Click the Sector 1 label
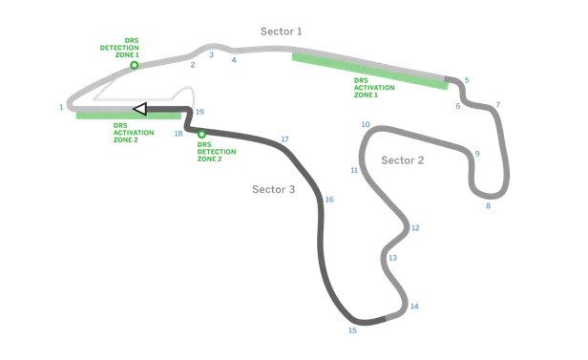pyautogui.click(x=282, y=32)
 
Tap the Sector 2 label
pyautogui.click(x=403, y=160)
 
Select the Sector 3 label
pyautogui.click(x=273, y=189)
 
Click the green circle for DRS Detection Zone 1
pyautogui.click(x=135, y=65)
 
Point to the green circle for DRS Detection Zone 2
pyautogui.click(x=201, y=134)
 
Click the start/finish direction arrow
pyautogui.click(x=140, y=109)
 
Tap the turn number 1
pyautogui.click(x=61, y=107)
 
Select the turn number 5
pyautogui.click(x=467, y=80)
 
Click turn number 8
pyautogui.click(x=489, y=206)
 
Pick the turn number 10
pyautogui.click(x=366, y=124)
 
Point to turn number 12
pyautogui.click(x=415, y=228)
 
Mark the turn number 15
pyautogui.click(x=352, y=330)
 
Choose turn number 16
pyautogui.click(x=329, y=200)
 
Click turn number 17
pyautogui.click(x=285, y=139)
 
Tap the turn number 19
pyautogui.click(x=199, y=112)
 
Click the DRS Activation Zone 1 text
pyautogui.click(x=374, y=88)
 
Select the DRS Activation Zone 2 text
pyautogui.click(x=134, y=133)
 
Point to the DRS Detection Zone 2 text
pyautogui.click(x=217, y=152)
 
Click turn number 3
pyautogui.click(x=212, y=54)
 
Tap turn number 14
pyautogui.click(x=414, y=307)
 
